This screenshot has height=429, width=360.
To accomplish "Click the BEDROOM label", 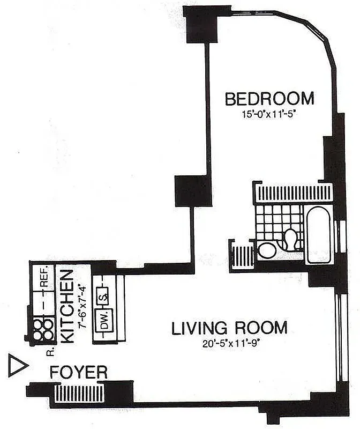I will click(269, 99).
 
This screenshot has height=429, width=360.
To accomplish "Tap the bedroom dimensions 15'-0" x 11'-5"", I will click(269, 114).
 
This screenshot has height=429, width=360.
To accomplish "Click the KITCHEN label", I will click(67, 306).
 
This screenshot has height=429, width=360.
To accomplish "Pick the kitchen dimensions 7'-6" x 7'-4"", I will click(81, 306).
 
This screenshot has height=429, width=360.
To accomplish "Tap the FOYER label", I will click(79, 372).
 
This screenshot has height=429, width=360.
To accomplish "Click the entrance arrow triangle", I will click(18, 366).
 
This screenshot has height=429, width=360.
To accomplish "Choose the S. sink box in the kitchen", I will click(104, 295).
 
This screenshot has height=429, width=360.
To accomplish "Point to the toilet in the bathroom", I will click(291, 239).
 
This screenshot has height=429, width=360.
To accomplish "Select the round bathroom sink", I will click(266, 250).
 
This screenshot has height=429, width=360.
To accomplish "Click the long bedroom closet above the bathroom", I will click(293, 194).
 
